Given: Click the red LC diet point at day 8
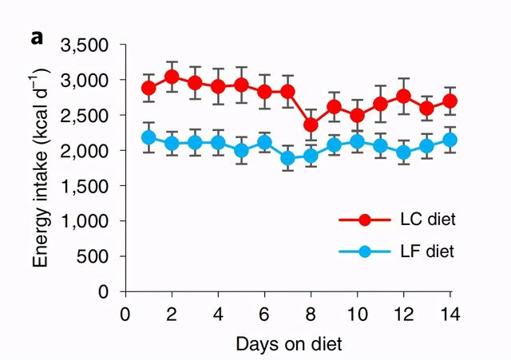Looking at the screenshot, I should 311,125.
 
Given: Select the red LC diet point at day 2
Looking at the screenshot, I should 171,77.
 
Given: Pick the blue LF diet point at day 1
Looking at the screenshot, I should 148,137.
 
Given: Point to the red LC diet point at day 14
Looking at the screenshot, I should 450,101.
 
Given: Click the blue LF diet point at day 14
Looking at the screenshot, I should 450,140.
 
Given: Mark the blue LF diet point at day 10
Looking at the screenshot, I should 357,142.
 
